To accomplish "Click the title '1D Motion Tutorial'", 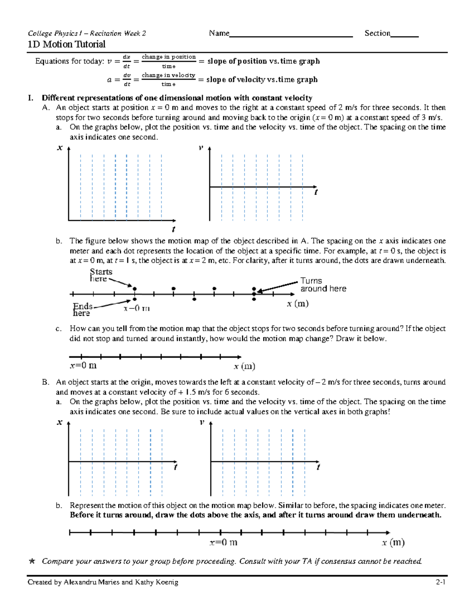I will [x=66, y=44].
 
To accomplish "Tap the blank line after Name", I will [x=291, y=35].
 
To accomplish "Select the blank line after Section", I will [x=404, y=35].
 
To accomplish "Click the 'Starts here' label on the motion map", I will [x=101, y=275].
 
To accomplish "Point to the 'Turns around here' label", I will [x=323, y=285].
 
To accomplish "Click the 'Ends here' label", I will [x=82, y=310].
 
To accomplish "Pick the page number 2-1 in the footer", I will [x=440, y=582].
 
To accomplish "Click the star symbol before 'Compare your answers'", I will [x=32, y=561].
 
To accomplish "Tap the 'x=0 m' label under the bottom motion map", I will [x=223, y=542].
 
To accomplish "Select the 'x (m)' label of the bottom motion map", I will [x=393, y=542].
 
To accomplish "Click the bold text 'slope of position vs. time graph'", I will [x=263, y=61].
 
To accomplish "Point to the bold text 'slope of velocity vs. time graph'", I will [x=262, y=79].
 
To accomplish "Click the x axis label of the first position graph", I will [x=60, y=148].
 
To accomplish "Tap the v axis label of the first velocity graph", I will [x=201, y=148].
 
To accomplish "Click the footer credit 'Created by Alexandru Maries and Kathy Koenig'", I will [x=103, y=582].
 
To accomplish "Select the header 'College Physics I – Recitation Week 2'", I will [x=87, y=34].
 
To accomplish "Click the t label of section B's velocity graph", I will [x=318, y=467].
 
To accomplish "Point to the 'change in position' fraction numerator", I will [x=169, y=57].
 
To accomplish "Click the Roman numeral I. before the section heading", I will [x=30, y=98].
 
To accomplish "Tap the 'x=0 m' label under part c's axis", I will [x=83, y=366].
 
